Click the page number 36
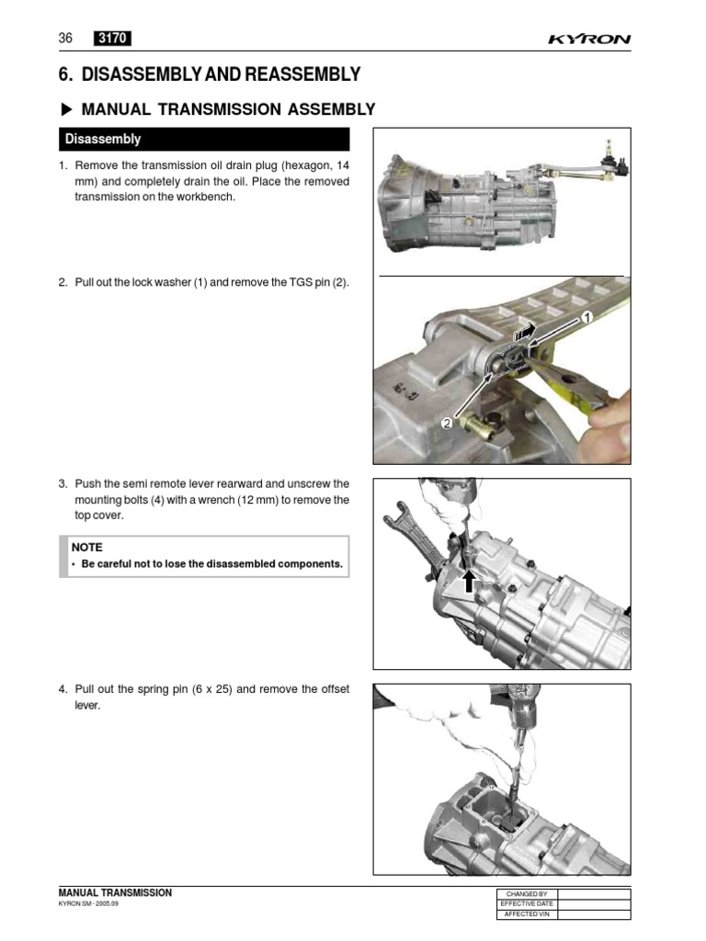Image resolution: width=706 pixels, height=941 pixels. (65, 38)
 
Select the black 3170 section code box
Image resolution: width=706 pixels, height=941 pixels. (112, 38)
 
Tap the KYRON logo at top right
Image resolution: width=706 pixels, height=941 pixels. (589, 40)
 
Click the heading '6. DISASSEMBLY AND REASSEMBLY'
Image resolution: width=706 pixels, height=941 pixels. (209, 74)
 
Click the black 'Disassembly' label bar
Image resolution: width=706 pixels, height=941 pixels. (204, 140)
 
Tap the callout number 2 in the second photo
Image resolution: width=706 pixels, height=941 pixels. (446, 423)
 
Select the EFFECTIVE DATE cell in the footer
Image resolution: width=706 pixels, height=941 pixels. (527, 904)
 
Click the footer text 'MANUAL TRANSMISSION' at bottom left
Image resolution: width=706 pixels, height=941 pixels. (115, 893)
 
